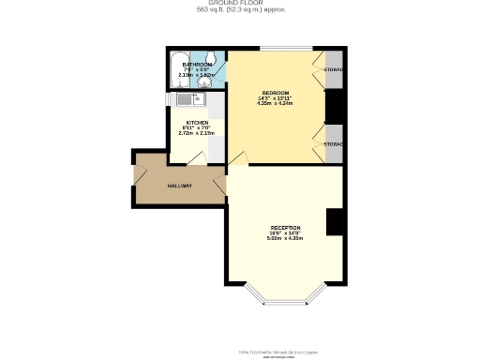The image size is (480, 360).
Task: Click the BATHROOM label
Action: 197,65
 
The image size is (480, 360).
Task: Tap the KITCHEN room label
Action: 197,123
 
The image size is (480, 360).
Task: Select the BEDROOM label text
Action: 275,93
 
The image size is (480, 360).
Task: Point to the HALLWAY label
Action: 180,186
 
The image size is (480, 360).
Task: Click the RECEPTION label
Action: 285,228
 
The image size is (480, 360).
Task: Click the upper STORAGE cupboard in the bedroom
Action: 333,70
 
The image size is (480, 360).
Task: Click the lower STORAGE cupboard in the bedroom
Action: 333,143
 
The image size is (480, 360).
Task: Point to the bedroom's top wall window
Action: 285,49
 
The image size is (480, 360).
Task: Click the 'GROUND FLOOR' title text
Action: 240,4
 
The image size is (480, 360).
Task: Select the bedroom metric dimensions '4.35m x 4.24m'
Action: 275,104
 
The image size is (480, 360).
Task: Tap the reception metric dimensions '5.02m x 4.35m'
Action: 285,238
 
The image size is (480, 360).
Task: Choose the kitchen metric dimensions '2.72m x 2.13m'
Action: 197,133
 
